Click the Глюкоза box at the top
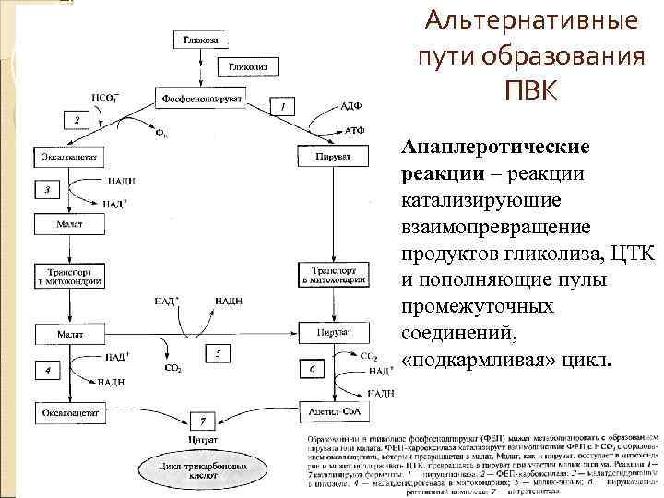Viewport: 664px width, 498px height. [201, 40]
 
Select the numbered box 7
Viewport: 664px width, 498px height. [201, 421]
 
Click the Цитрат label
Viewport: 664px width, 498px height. [201, 440]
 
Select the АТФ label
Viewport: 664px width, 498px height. [353, 132]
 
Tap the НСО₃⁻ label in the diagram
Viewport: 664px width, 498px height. [103, 99]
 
